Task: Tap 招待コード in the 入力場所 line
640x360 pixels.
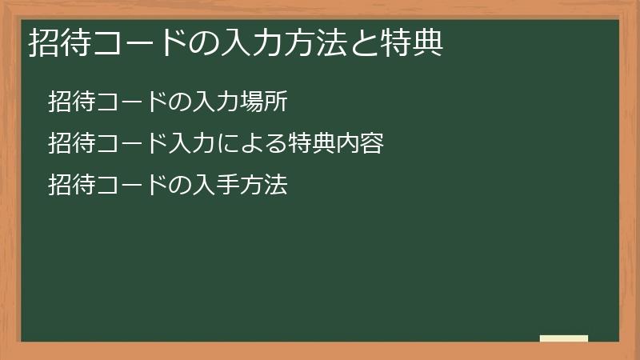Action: pyautogui.click(x=108, y=102)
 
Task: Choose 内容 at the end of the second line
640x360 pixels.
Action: pyautogui.click(x=359, y=144)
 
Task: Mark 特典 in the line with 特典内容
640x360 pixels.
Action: pyautogui.click(x=311, y=144)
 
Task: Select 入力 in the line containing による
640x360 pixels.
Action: pyautogui.click(x=191, y=144)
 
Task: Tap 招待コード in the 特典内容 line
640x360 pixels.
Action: pyautogui.click(x=108, y=144)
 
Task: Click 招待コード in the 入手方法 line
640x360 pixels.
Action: pyautogui.click(x=108, y=186)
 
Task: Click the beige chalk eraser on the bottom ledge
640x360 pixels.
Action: pyautogui.click(x=564, y=338)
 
